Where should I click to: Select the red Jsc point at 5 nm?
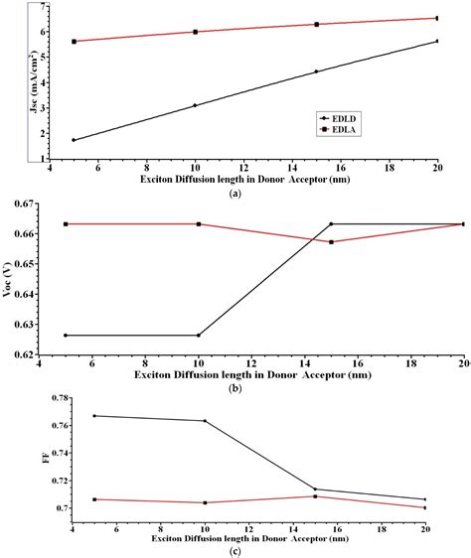coord(74,42)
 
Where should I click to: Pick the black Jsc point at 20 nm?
coord(437,41)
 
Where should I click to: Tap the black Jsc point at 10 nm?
coord(195,105)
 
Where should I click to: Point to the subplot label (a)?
coord(235,195)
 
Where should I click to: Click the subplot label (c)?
coord(235,552)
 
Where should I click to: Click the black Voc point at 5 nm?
coord(66,336)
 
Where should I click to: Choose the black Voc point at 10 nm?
coord(199,336)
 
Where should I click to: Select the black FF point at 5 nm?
coord(95,416)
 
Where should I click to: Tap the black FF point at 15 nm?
coord(315,489)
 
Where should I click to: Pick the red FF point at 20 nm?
coord(425,508)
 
